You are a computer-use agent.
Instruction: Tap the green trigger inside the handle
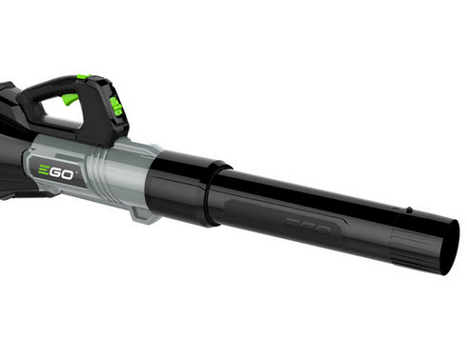click(71, 100)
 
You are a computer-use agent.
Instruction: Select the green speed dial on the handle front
click(115, 107)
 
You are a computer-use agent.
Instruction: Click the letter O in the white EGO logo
click(74, 171)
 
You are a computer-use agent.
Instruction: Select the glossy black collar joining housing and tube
click(181, 186)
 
